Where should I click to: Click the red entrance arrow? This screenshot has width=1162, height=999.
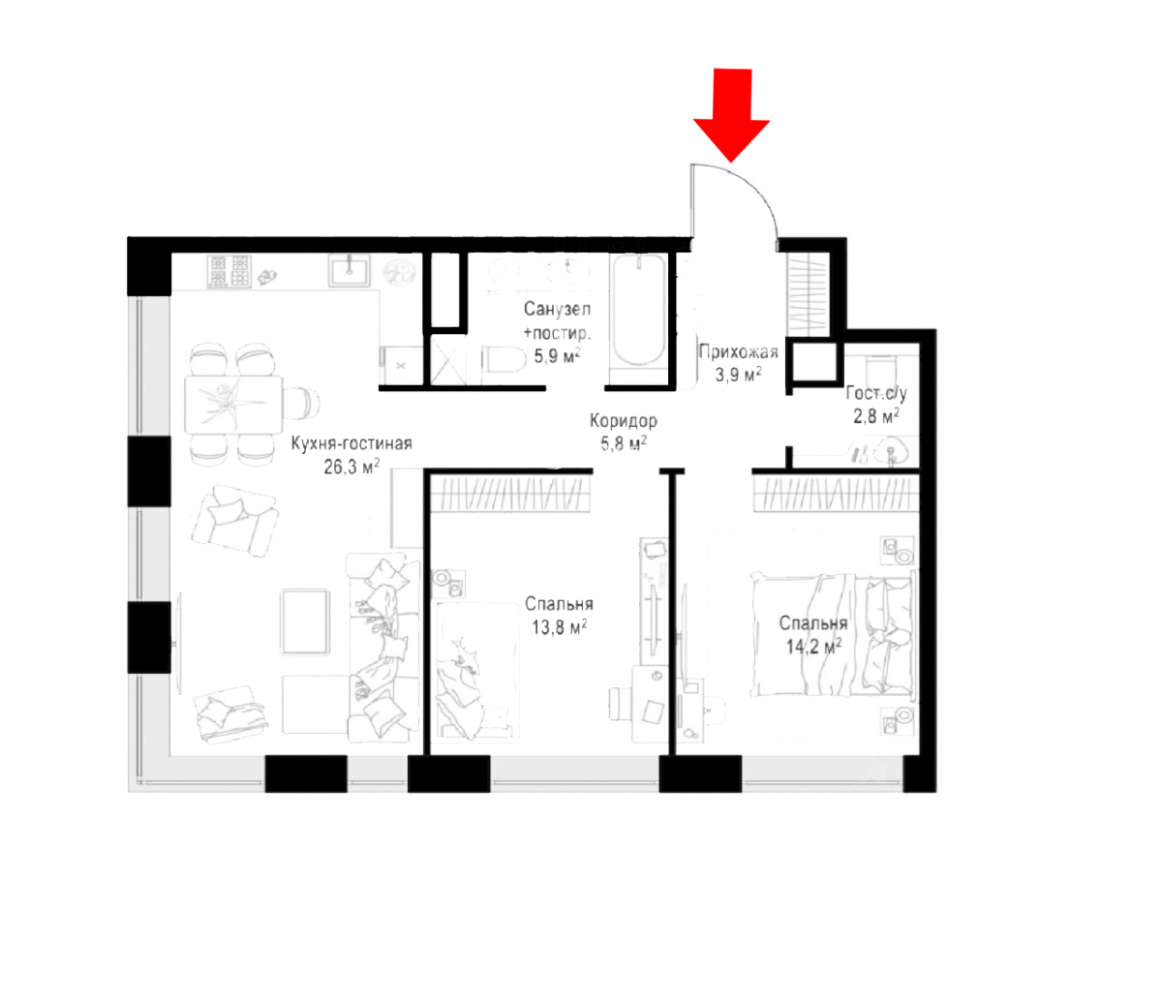click(731, 112)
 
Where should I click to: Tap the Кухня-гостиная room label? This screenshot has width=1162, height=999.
click(352, 444)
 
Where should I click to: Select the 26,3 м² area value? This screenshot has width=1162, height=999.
click(352, 467)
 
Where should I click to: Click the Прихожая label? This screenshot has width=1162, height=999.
click(738, 351)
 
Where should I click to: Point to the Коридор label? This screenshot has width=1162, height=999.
click(623, 421)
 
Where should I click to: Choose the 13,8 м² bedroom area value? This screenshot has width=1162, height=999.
click(559, 626)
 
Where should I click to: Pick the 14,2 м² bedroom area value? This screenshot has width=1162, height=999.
click(812, 646)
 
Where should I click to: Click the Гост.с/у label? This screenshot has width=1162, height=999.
click(875, 393)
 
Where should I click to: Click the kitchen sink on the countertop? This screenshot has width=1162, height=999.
click(350, 270)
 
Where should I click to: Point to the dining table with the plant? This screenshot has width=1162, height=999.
click(234, 405)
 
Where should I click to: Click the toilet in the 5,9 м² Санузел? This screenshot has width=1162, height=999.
click(503, 360)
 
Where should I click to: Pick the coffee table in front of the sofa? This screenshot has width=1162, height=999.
click(305, 621)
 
